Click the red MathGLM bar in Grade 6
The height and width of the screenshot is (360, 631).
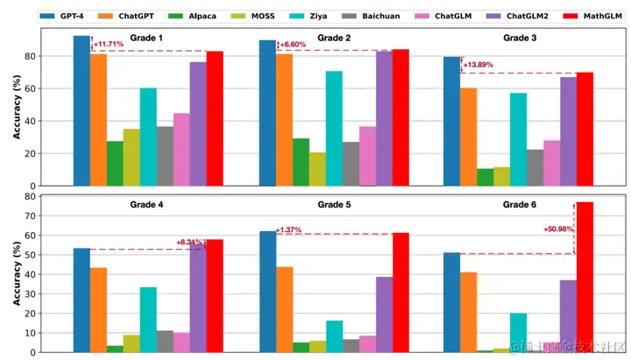click(x=584, y=277)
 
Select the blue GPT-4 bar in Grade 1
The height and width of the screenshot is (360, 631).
click(x=82, y=110)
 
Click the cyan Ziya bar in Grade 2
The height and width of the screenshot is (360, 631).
click(x=333, y=128)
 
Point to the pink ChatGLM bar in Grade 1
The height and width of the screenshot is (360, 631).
click(x=181, y=149)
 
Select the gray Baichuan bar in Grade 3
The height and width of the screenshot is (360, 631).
click(x=534, y=167)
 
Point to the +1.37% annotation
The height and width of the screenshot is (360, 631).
click(x=288, y=230)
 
